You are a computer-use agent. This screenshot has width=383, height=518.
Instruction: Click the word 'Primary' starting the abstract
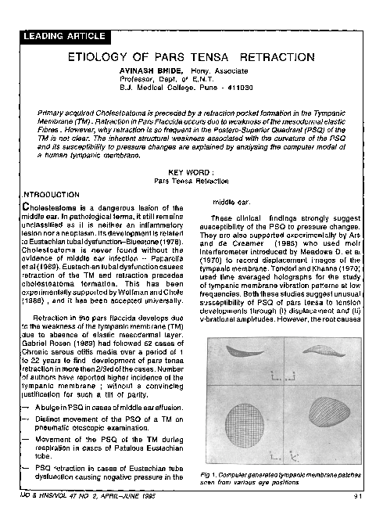coord(52,113)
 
